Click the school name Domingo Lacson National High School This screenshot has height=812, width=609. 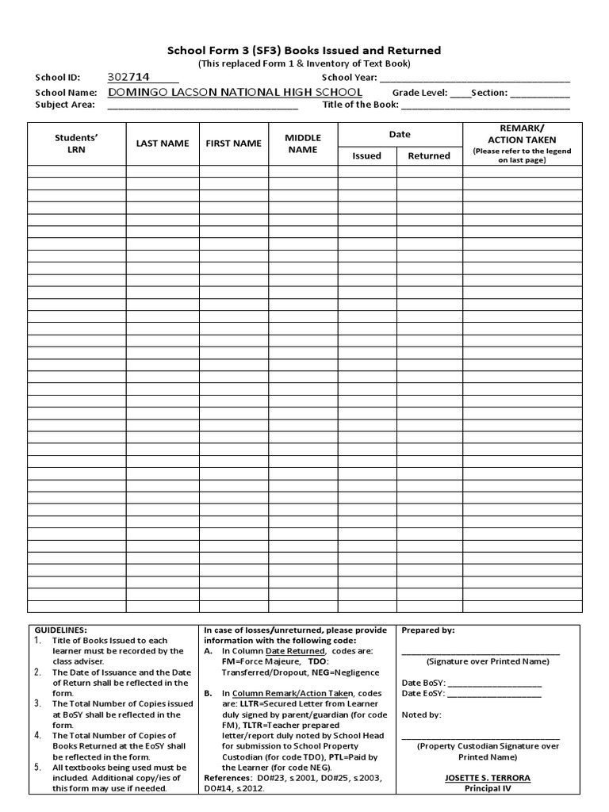click(235, 92)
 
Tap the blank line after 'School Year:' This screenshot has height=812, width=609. click(474, 79)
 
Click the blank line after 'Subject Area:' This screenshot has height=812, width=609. click(198, 105)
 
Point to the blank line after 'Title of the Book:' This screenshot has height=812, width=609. click(485, 105)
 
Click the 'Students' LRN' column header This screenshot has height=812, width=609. click(76, 144)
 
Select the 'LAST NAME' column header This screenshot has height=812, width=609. click(163, 144)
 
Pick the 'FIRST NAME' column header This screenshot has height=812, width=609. click(233, 144)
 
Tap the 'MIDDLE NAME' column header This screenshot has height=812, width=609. click(302, 144)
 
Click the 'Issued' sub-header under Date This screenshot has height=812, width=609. click(366, 156)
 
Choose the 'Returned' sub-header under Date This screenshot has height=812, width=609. click(429, 156)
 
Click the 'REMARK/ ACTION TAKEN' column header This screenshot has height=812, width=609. click(522, 134)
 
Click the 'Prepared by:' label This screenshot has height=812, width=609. click(428, 630)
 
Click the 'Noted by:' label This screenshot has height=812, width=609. click(422, 714)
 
